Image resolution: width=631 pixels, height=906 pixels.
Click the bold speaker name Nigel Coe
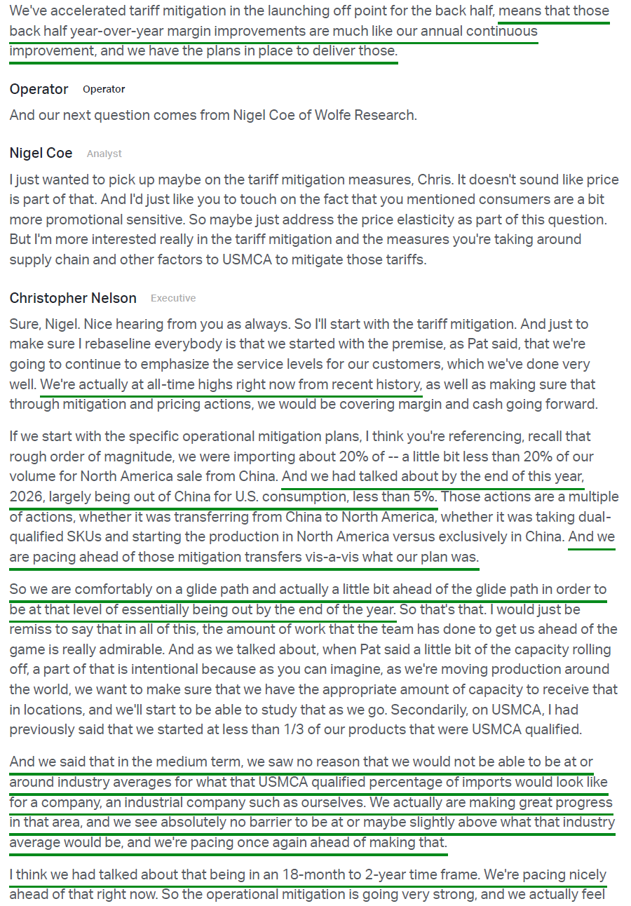[x=41, y=153]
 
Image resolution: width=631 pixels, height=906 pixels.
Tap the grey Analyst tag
[x=104, y=154]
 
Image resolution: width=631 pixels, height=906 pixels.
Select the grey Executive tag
[x=173, y=298]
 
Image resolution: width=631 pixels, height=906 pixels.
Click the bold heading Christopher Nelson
[x=73, y=298]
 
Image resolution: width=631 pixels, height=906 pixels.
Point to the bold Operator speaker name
[x=39, y=89]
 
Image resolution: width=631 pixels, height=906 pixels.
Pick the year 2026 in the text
[x=26, y=496]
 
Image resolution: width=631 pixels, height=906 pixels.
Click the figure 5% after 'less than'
[x=423, y=496]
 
